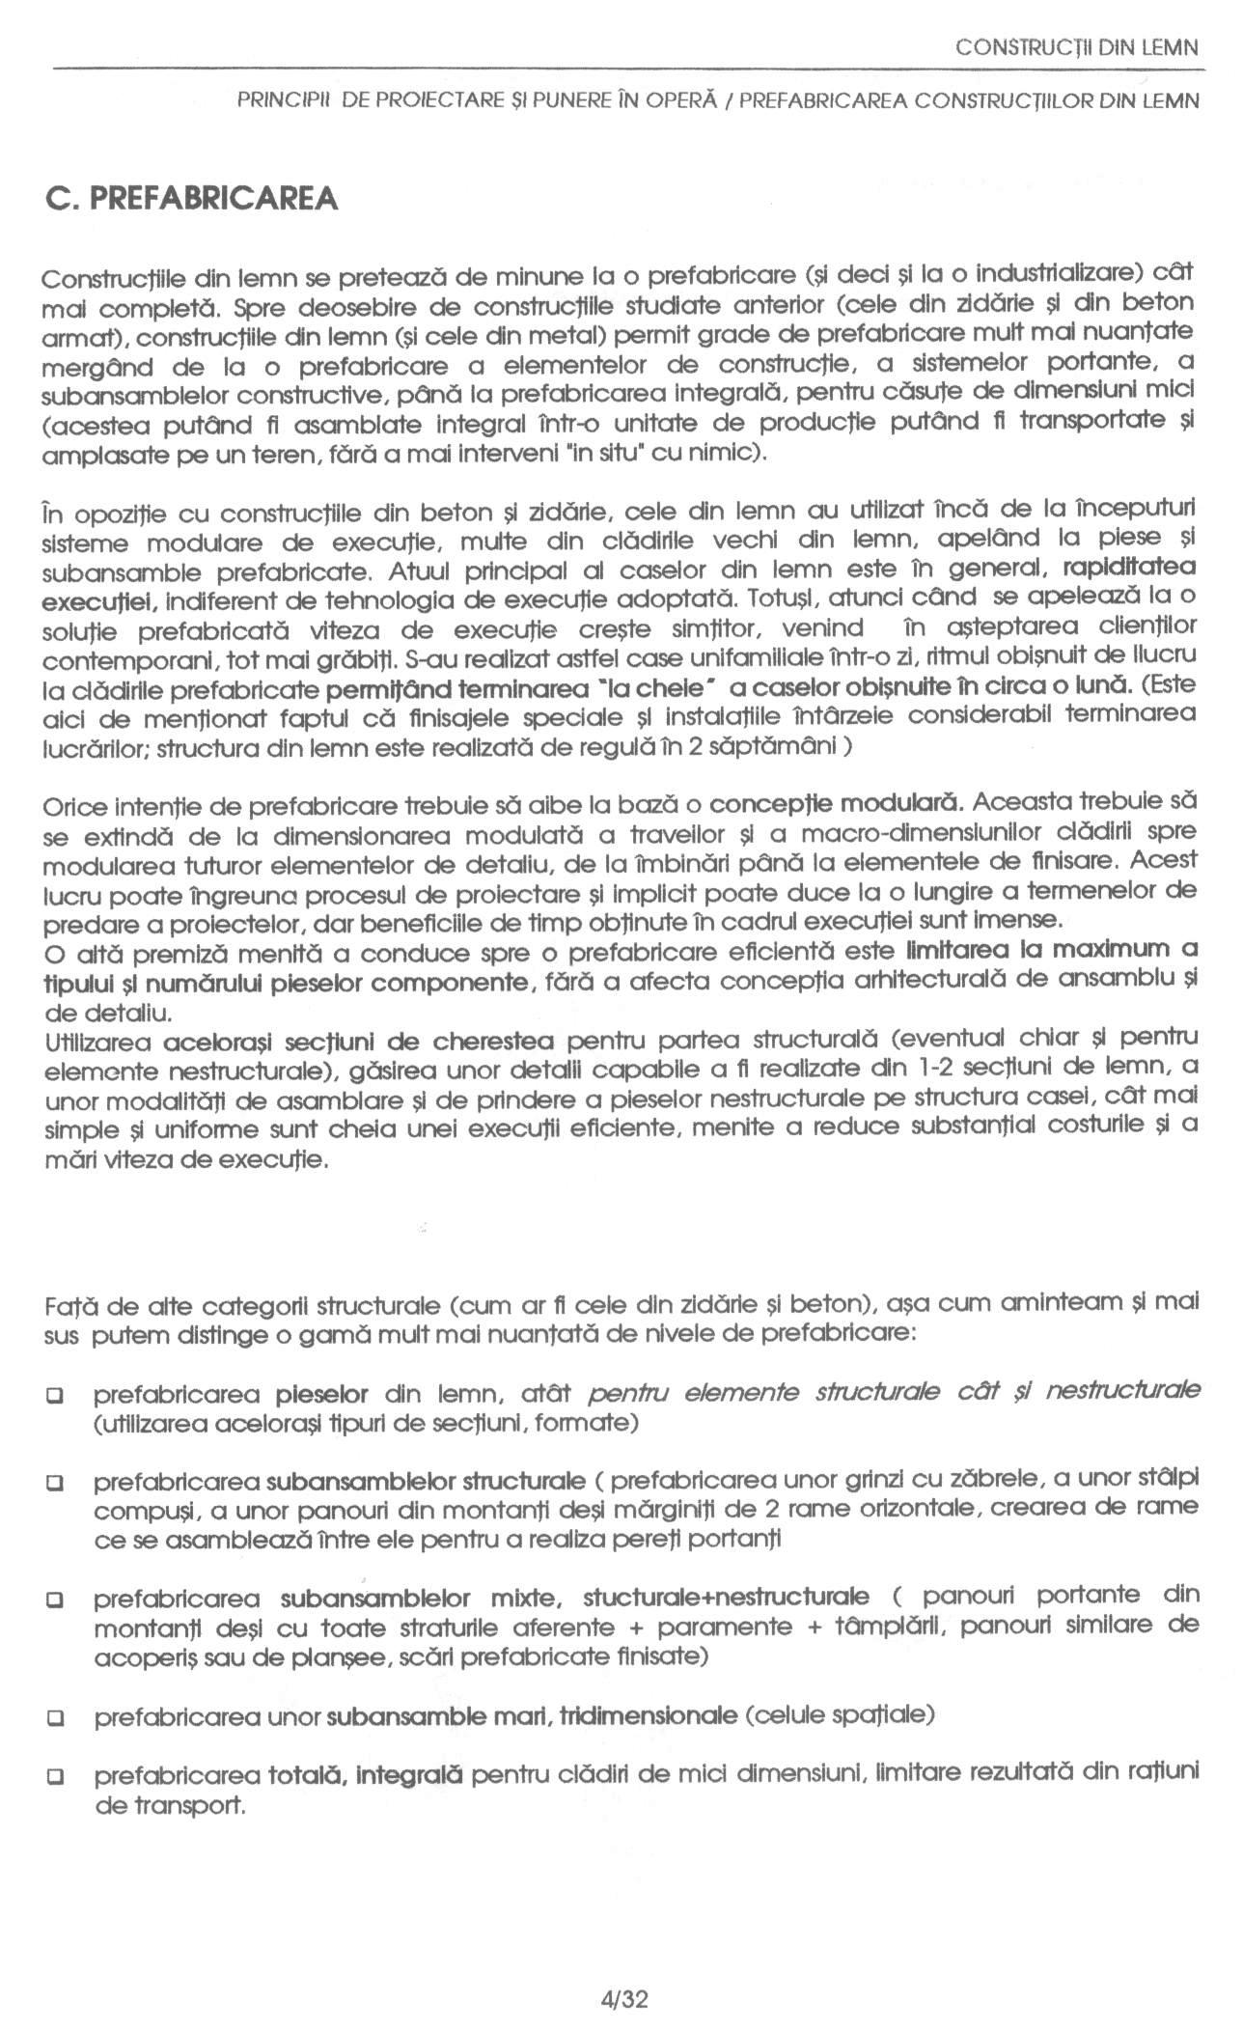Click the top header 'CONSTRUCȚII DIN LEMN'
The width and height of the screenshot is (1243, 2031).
(x=1075, y=46)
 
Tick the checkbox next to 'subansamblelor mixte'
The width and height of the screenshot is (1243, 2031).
(x=55, y=1600)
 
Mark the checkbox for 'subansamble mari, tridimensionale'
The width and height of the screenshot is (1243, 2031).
(x=55, y=1718)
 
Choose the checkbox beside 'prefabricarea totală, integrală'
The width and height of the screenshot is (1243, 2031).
(x=55, y=1775)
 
